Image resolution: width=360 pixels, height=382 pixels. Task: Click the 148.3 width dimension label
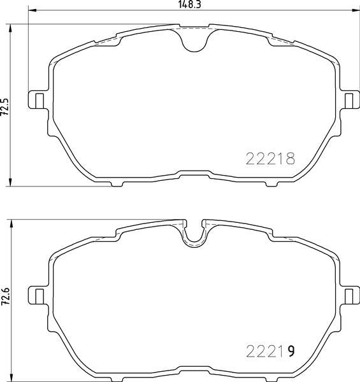189,4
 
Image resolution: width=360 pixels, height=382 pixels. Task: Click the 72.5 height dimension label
5,107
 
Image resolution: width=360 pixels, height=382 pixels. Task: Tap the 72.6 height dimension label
5,297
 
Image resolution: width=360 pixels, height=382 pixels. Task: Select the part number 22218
270,159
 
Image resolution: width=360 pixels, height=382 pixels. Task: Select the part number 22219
270,351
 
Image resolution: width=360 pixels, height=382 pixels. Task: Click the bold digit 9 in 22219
291,351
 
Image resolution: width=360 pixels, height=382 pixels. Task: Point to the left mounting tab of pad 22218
36,100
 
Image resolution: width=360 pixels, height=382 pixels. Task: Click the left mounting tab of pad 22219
36,295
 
